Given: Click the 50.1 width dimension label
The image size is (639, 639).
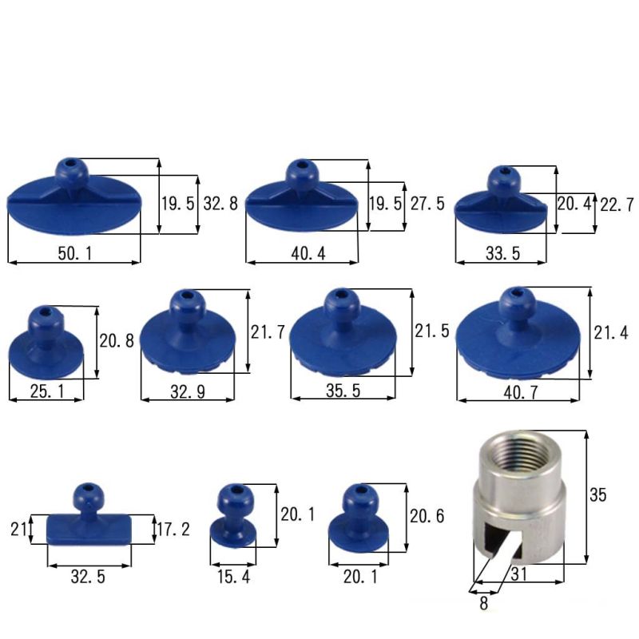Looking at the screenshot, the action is coord(75,253).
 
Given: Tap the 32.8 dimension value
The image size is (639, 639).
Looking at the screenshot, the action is coord(220,204).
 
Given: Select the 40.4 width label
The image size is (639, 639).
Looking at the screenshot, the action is coord(308,253).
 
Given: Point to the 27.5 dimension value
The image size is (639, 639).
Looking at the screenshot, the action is coord(427,204).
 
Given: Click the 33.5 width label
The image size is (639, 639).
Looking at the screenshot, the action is coord(503,253).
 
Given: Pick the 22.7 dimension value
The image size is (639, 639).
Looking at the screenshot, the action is coord(617,204).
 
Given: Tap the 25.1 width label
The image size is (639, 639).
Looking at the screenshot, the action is coord(47,391).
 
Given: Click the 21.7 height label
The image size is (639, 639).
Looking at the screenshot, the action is coord(268,332).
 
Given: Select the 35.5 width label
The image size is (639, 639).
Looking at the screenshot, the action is coord(343,391).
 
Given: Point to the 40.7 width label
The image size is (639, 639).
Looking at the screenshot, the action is coord(521,392).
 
